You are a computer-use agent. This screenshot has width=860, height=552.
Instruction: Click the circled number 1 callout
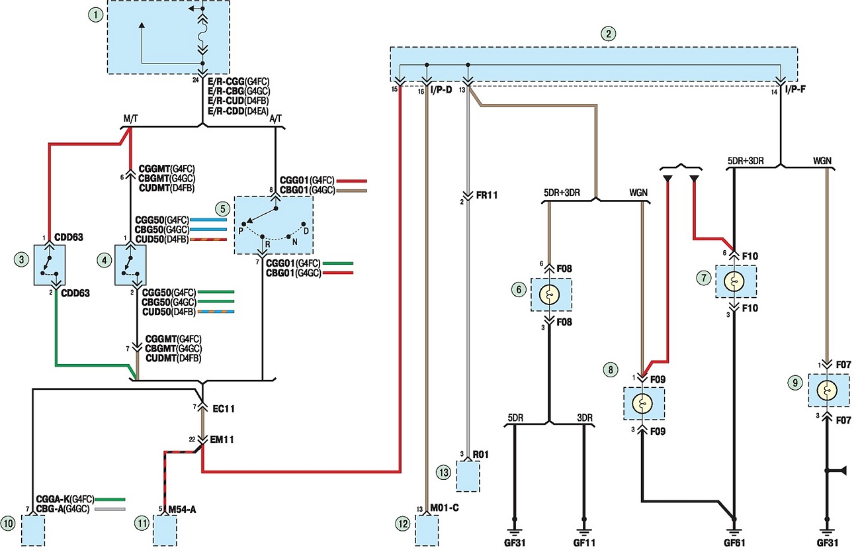[x=96, y=15]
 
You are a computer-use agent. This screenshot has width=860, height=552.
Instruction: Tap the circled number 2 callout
[x=608, y=34]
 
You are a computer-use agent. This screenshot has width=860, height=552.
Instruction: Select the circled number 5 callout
[x=223, y=209]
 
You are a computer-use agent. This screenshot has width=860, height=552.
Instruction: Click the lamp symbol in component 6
[x=549, y=295]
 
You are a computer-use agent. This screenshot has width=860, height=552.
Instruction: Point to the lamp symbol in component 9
[x=828, y=391]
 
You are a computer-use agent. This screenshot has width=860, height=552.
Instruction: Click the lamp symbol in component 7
[x=734, y=281]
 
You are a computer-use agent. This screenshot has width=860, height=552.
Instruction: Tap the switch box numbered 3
[x=50, y=265]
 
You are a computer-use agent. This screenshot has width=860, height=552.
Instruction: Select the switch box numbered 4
[x=130, y=265]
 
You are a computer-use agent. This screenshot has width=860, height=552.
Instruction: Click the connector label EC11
[x=224, y=409]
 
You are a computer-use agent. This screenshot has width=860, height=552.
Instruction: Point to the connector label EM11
[x=222, y=439]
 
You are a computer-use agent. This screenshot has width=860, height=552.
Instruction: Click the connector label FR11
[x=487, y=195]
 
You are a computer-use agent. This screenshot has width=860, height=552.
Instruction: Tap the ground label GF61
[x=734, y=543]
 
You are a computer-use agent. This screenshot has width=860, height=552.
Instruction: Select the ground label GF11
[x=584, y=543]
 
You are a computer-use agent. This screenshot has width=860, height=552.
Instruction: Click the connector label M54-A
[x=183, y=510]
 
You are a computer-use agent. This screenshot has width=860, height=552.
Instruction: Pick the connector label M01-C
[x=444, y=508]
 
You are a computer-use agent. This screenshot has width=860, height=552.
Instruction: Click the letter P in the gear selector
[x=241, y=231]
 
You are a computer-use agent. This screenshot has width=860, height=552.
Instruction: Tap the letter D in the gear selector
[x=306, y=231]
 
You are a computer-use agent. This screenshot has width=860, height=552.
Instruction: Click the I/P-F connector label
[x=795, y=89]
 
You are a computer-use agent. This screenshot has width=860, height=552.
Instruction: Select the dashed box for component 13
[x=468, y=477]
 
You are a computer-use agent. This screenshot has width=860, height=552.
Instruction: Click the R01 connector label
[x=481, y=455]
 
